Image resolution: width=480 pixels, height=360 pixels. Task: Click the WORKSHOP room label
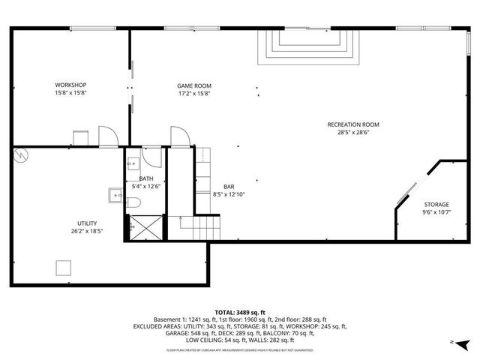71,84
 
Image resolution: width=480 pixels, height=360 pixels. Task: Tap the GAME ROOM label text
193,85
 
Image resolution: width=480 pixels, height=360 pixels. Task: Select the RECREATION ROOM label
353,124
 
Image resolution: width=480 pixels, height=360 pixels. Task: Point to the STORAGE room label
436,204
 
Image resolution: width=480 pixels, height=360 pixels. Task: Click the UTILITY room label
87,223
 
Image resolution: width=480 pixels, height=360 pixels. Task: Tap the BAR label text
229,186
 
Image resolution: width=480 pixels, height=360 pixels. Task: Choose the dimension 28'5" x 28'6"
353,133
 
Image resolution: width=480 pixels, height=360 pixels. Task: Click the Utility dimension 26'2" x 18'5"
87,231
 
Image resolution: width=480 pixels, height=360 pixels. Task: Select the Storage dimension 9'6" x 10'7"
436,212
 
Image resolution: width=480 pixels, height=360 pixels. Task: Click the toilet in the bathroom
132,202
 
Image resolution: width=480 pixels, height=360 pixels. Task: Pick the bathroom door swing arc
152,156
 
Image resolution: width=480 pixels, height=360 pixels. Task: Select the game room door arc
179,136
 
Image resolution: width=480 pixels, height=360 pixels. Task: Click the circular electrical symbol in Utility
21,154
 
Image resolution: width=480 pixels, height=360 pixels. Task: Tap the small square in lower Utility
64,268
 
